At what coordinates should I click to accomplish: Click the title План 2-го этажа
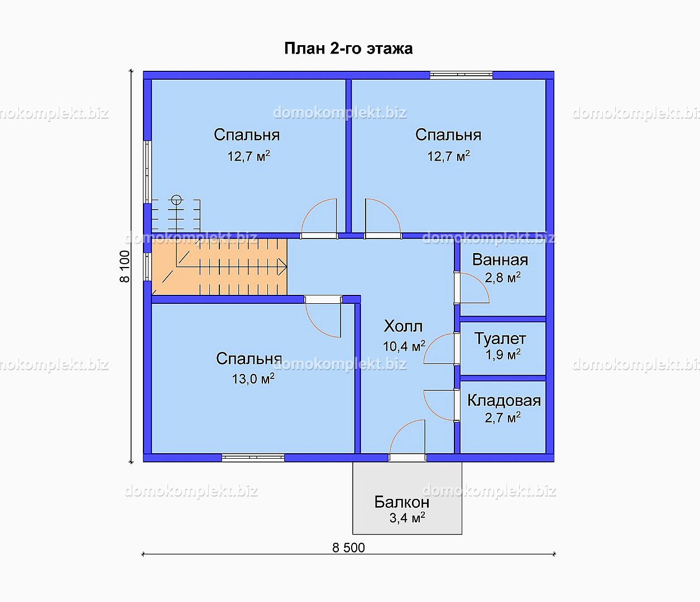tap(348, 48)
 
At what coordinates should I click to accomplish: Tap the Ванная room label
tap(500, 260)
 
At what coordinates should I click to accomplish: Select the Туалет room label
tap(500, 338)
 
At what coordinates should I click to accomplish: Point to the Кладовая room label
tap(504, 400)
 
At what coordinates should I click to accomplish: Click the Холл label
tap(403, 327)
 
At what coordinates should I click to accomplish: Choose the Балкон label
tap(402, 502)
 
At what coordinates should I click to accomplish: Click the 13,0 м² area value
tap(253, 379)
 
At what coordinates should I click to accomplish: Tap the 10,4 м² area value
tap(404, 346)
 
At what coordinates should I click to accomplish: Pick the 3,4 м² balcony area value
tap(407, 518)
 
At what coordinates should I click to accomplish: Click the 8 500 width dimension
tap(348, 548)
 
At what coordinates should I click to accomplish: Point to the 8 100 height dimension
tap(124, 266)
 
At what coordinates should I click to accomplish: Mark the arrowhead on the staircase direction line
tap(283, 266)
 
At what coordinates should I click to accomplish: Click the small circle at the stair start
tap(176, 200)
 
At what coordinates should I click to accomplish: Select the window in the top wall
tap(461, 75)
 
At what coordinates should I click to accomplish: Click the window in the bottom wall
tap(253, 458)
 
